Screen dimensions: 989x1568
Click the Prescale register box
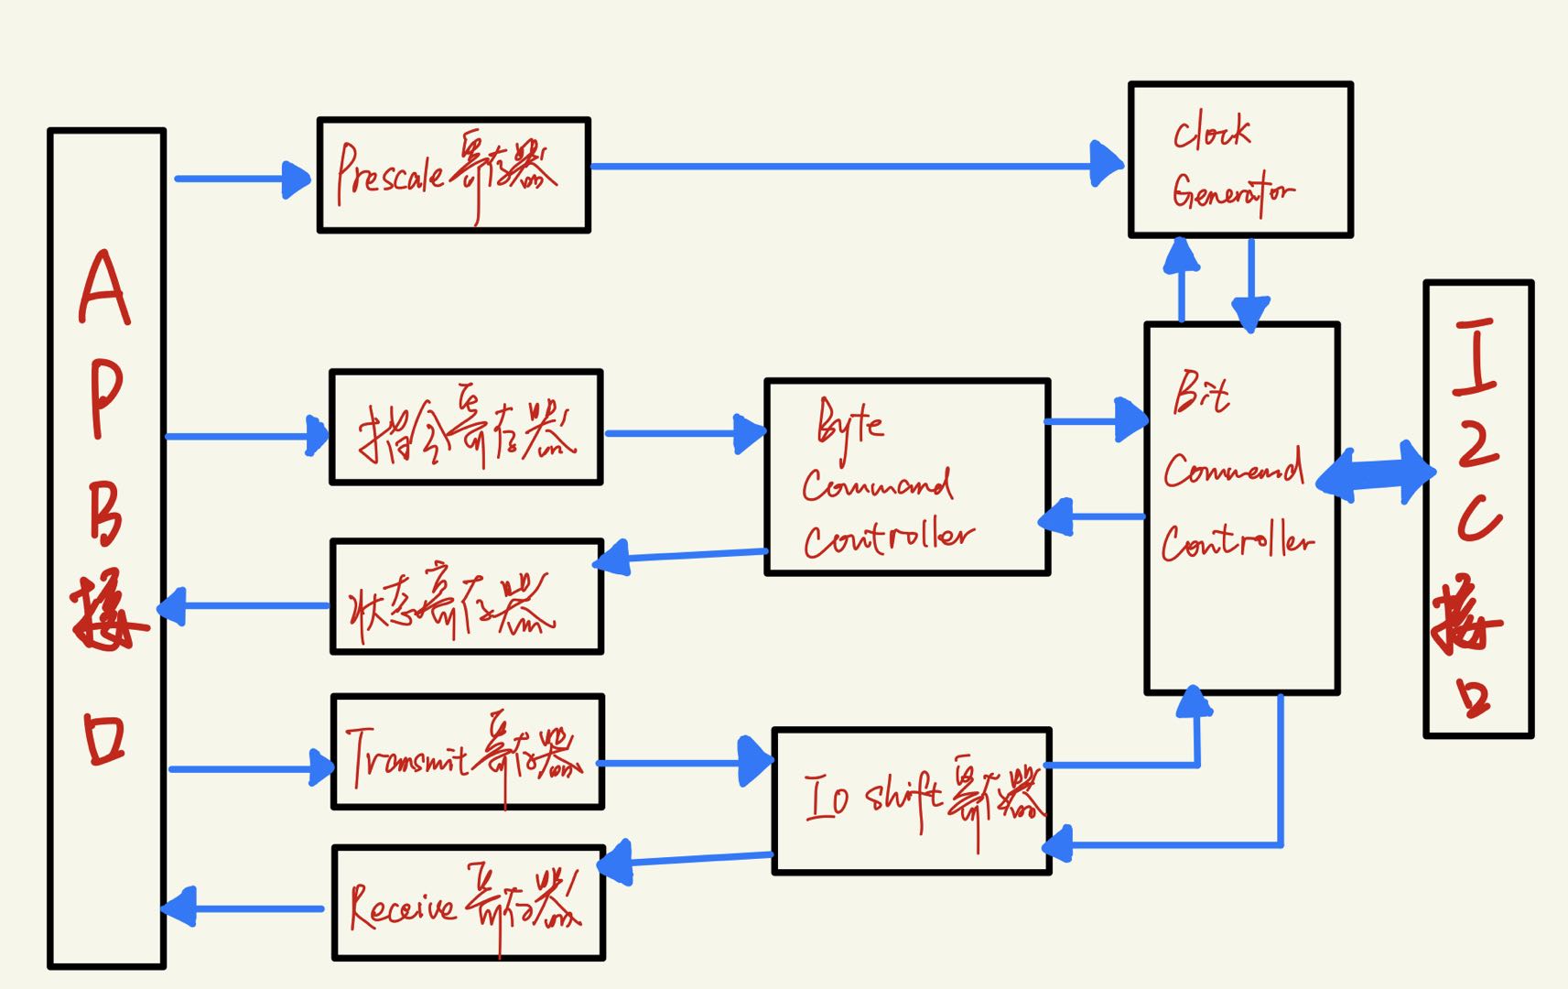click(x=453, y=175)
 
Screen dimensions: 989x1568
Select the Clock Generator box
click(x=1240, y=160)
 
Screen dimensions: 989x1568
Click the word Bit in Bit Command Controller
click(x=1201, y=394)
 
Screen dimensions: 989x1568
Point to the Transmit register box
click(x=467, y=752)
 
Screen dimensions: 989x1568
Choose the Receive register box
click(x=468, y=903)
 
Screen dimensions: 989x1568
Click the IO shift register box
click(x=912, y=801)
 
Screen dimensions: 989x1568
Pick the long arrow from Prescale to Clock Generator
click(x=851, y=166)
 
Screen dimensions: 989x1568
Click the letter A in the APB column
click(x=104, y=288)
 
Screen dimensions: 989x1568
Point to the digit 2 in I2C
click(x=1476, y=443)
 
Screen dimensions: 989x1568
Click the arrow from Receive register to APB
click(x=243, y=907)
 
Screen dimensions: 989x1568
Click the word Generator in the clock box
click(x=1232, y=193)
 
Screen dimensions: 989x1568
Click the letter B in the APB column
click(x=104, y=513)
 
